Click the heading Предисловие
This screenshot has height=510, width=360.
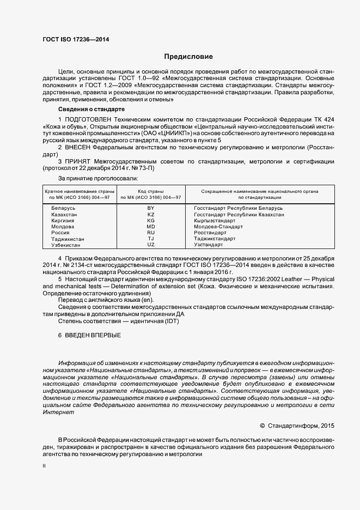(189, 57)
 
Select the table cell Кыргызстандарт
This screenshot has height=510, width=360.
(215, 220)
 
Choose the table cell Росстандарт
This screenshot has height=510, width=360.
(211, 233)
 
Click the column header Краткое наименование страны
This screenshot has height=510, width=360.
(77, 191)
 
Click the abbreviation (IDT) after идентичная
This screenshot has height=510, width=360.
(171, 321)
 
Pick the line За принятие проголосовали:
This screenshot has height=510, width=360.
(98, 178)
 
